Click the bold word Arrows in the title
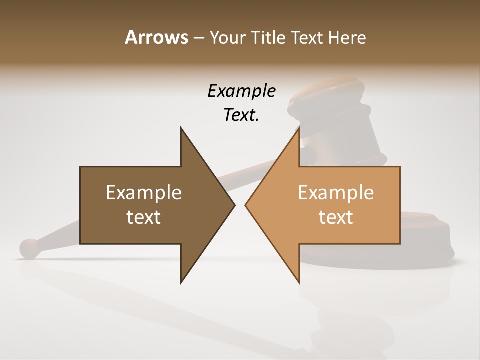[x=156, y=37]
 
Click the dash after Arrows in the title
[x=198, y=38]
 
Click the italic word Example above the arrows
[x=241, y=91]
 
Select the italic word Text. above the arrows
[x=241, y=115]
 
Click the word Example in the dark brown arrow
[x=144, y=192]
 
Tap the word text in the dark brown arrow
[x=144, y=217]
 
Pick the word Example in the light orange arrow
[x=336, y=192]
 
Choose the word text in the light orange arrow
[x=336, y=217]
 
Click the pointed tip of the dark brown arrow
[x=234, y=205]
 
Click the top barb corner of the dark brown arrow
[x=181, y=128]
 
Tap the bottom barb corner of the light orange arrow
[x=299, y=283]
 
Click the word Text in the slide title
[x=307, y=37]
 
